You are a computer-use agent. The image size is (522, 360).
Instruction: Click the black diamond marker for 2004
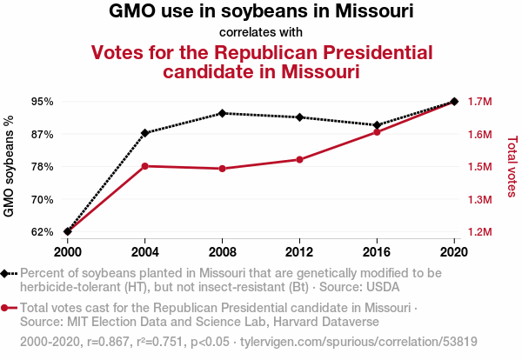click(x=144, y=133)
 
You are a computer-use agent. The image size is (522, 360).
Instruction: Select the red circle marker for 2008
click(x=223, y=169)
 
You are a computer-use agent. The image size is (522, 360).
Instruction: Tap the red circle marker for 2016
click(x=377, y=132)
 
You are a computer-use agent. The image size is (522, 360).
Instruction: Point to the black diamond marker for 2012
click(x=299, y=117)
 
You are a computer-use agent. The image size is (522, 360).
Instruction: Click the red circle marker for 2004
click(x=144, y=166)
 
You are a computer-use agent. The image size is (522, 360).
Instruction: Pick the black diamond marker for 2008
click(x=223, y=113)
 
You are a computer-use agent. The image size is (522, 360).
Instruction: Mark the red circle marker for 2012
click(x=299, y=160)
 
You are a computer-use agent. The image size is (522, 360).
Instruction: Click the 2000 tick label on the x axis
click(x=68, y=252)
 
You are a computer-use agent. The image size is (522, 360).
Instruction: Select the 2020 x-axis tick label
click(x=454, y=252)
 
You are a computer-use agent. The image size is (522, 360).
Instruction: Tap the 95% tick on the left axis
click(x=43, y=102)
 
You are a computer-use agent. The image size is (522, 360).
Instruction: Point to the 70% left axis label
click(x=43, y=200)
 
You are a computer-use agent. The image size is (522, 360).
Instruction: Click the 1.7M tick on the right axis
click(x=479, y=102)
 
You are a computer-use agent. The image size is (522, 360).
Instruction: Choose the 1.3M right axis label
click(x=479, y=200)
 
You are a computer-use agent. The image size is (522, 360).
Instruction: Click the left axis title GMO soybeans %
click(x=9, y=166)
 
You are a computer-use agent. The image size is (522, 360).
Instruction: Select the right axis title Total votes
click(x=512, y=166)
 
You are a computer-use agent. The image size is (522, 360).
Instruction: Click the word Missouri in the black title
click(x=374, y=11)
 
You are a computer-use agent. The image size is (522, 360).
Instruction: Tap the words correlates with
click(x=261, y=32)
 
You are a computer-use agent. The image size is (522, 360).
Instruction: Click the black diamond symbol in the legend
click(x=4, y=274)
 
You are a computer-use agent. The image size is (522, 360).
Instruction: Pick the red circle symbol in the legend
click(x=4, y=308)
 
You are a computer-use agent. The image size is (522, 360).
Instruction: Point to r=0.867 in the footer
click(x=108, y=342)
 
